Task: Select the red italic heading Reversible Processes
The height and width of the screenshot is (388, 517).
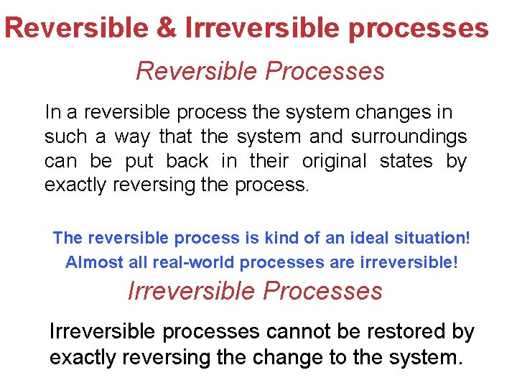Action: tap(260, 71)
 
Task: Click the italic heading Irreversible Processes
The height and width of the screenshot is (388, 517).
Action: tap(255, 291)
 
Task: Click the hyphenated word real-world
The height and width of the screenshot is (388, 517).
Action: tap(196, 262)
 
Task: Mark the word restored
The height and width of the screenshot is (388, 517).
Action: tap(409, 332)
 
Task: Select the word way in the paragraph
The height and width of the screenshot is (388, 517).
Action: tap(133, 137)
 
